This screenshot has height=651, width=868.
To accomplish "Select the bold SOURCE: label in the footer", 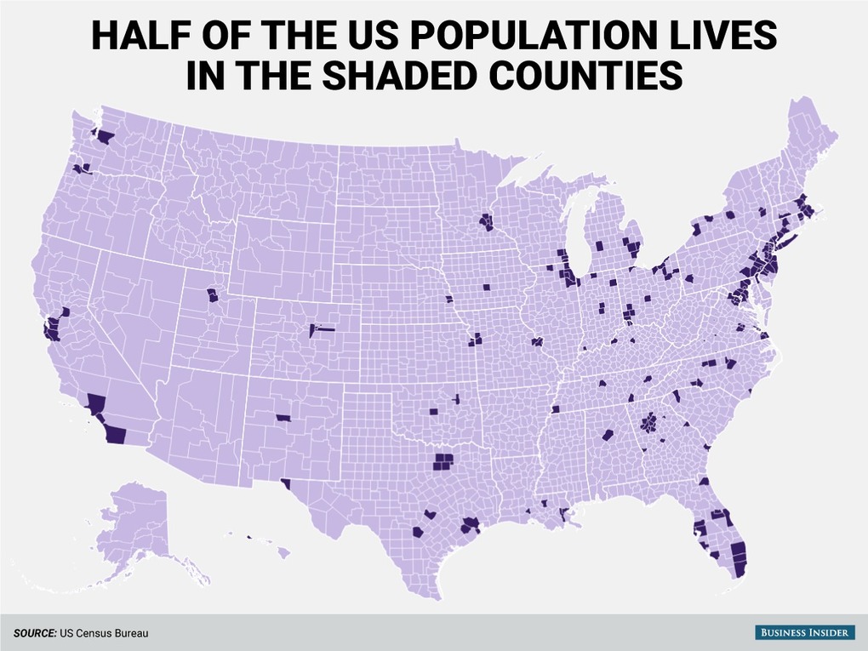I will pyautogui.click(x=34, y=633).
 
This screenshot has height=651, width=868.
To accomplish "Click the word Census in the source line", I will pyautogui.click(x=92, y=633).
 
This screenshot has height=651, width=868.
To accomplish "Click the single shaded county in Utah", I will pyautogui.click(x=212, y=296).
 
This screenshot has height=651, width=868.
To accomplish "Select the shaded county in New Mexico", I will pyautogui.click(x=283, y=418).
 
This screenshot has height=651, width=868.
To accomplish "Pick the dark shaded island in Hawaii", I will pyautogui.click(x=250, y=537).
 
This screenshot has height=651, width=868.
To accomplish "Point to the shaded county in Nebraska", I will pyautogui.click(x=449, y=300).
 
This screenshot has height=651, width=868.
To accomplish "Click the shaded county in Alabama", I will pyautogui.click(x=608, y=435).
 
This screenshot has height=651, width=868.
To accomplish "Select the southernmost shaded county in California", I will pyautogui.click(x=114, y=435).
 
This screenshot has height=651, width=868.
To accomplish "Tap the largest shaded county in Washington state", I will pyautogui.click(x=106, y=136).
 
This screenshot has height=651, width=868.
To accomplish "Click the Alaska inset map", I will pyautogui.click(x=136, y=528).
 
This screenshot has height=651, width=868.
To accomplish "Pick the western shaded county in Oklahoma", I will pyautogui.click(x=433, y=411).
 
